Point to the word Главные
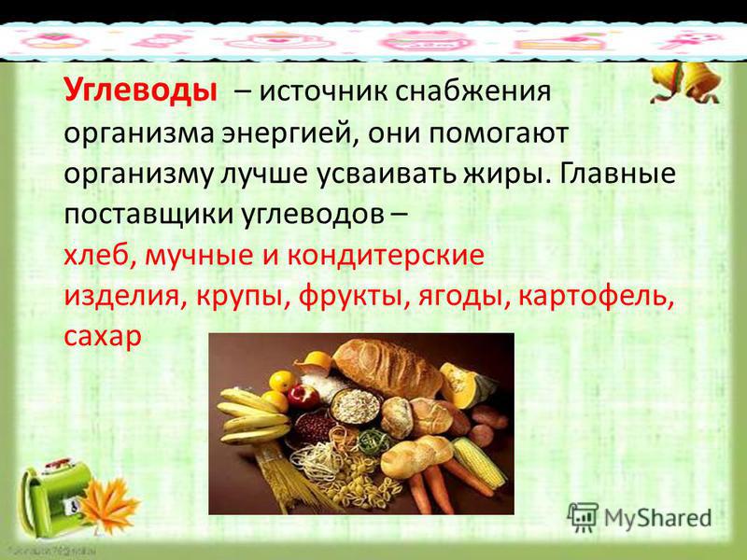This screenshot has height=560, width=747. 617,173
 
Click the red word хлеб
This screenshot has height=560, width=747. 95,255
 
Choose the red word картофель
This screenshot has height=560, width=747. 597,297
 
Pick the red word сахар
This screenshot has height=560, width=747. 103,337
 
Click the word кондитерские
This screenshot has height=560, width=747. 385,256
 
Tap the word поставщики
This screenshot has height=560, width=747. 149,216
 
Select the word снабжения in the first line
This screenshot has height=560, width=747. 472,91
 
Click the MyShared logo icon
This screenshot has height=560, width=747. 583,517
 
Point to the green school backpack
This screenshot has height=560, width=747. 52,496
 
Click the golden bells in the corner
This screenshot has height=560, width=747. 686,82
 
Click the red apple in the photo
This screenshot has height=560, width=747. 303,397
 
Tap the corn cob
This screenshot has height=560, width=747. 478,461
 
